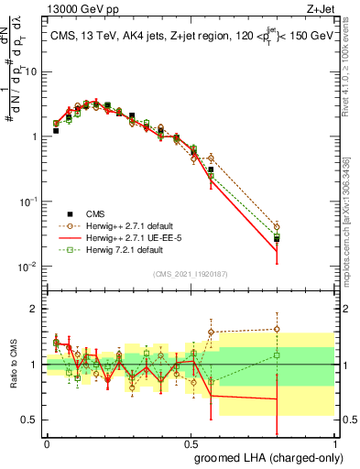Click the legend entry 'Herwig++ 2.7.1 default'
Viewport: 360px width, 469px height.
click(x=119, y=225)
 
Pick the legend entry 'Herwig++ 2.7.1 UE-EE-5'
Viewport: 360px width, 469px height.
click(x=119, y=237)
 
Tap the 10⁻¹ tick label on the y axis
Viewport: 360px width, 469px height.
click(x=29, y=202)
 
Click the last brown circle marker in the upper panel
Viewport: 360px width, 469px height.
click(x=277, y=226)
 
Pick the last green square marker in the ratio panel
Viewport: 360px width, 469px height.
click(x=277, y=355)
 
